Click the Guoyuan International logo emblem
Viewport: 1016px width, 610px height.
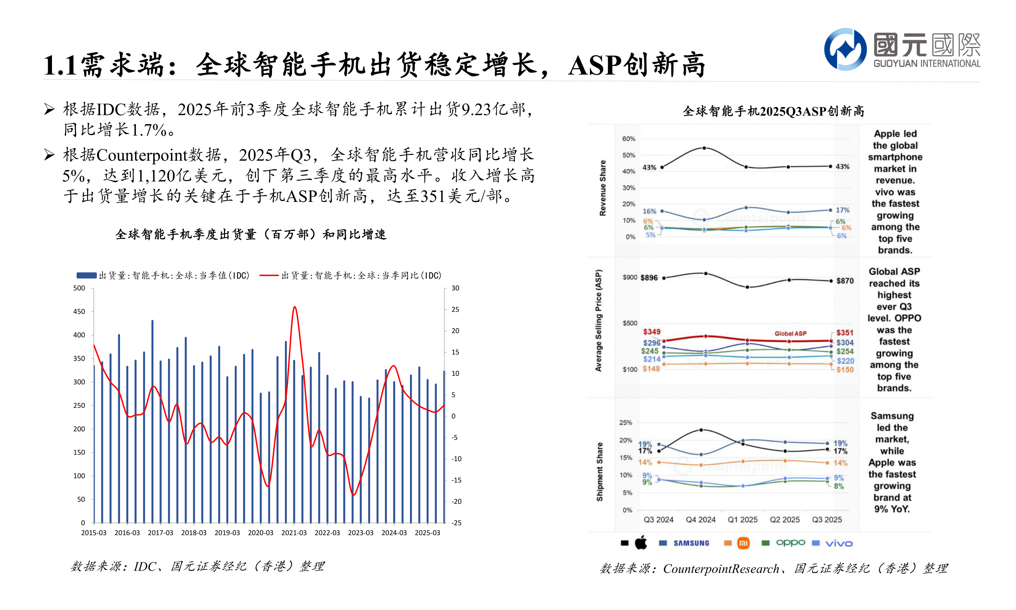tap(845, 49)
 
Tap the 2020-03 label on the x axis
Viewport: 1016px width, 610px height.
tap(261, 533)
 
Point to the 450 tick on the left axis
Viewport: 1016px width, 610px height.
tap(79, 312)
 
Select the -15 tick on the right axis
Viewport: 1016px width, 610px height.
tap(456, 480)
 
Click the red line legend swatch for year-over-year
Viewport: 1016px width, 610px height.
tap(269, 275)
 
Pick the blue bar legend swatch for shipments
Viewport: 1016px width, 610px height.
tap(86, 275)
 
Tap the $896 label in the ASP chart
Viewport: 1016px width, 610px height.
tap(649, 278)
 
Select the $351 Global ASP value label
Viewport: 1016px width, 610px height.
tap(845, 332)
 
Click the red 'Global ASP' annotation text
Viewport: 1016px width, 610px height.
tap(790, 334)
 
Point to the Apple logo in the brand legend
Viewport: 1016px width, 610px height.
tap(641, 543)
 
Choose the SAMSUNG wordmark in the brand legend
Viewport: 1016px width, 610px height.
tap(691, 543)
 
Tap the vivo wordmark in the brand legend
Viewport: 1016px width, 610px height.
tap(839, 543)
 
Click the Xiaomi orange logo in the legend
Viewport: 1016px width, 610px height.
tap(743, 543)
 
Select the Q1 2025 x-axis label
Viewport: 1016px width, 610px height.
tap(743, 520)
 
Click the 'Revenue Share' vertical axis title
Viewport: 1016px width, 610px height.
tap(602, 188)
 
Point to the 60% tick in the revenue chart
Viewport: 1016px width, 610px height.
tap(628, 139)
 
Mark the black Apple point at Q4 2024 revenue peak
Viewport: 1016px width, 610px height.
tap(704, 148)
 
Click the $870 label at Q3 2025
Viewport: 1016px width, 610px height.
tap(845, 281)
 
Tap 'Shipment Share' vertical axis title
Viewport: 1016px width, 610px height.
tap(600, 472)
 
